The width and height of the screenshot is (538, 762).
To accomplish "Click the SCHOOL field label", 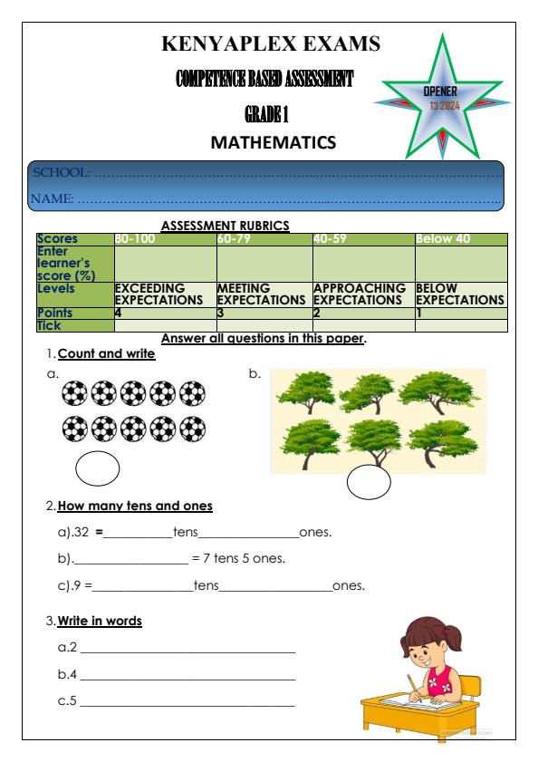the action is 61,172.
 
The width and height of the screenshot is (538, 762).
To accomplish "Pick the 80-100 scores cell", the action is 135,239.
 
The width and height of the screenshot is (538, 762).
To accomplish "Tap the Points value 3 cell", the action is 221,312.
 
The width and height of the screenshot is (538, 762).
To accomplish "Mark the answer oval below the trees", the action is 369,485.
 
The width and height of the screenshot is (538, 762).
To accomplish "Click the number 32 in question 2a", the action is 80,532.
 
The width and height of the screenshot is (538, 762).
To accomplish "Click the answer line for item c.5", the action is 187,704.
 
